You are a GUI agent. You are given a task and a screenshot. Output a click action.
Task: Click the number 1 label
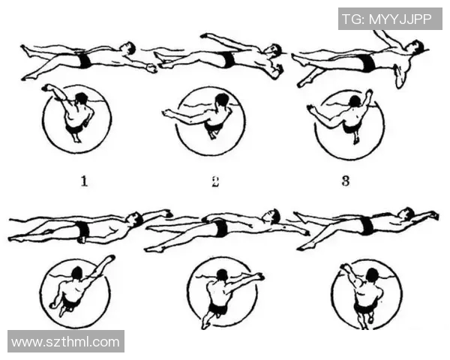coord(84,181)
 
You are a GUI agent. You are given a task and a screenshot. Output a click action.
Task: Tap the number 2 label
coord(215,181)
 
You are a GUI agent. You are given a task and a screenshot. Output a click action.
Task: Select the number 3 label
coord(346,181)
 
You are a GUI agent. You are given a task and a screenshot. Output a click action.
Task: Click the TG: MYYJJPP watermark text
coord(387,19)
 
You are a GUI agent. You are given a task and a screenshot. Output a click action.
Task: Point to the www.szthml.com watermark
coord(65,342)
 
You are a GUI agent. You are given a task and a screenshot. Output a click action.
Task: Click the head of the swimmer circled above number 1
coord(82,98)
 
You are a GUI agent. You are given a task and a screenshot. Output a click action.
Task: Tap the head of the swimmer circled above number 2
coord(221,100)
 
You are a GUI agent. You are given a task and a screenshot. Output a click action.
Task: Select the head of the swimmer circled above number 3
coord(355,101)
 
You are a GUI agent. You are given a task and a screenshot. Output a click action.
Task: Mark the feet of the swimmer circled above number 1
coord(77,139)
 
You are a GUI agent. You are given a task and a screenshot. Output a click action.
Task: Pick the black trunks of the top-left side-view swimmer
coord(84,60)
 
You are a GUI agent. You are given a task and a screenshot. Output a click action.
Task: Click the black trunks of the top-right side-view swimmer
coord(368,63)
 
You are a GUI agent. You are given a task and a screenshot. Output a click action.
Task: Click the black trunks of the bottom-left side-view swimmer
coord(83,229)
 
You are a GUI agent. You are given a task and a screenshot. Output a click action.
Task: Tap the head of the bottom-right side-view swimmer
coord(407,213)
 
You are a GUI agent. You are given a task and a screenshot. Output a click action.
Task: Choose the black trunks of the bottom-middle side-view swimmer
coord(220,228)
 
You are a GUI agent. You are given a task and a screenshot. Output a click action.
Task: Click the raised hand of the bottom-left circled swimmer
coord(110,259)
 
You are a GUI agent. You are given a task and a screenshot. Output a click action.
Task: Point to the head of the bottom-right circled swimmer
coord(372,274)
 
